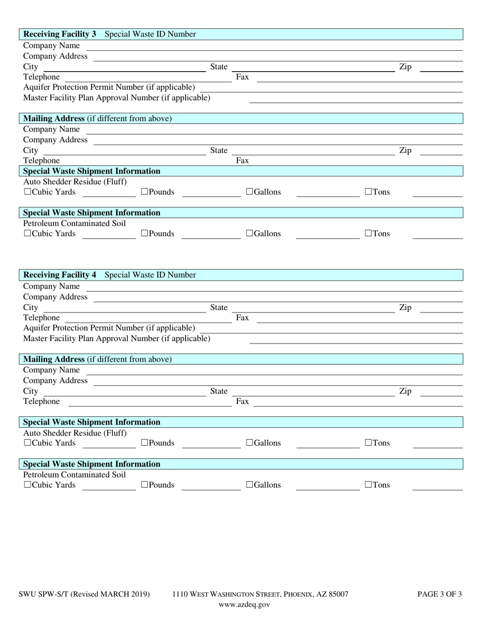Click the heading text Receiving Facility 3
click(x=59, y=34)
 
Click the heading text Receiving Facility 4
click(x=59, y=275)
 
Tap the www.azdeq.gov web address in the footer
click(x=244, y=605)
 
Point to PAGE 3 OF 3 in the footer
click(x=439, y=594)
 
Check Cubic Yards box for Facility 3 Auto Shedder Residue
click(x=27, y=192)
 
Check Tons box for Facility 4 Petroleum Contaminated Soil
click(x=369, y=485)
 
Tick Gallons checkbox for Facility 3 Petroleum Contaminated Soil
click(x=250, y=234)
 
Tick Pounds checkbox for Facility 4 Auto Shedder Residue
click(x=144, y=443)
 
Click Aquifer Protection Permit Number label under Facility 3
click(x=109, y=87)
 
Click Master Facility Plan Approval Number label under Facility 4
click(x=116, y=338)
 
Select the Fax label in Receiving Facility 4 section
click(x=243, y=318)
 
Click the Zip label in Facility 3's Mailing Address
click(x=405, y=150)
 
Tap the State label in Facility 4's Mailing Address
click(x=219, y=391)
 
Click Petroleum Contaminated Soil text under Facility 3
click(x=74, y=224)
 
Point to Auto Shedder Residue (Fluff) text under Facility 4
click(x=75, y=433)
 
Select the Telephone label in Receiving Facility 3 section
click(x=41, y=77)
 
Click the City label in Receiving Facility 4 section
click(x=31, y=307)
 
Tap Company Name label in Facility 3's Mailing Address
click(x=51, y=129)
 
